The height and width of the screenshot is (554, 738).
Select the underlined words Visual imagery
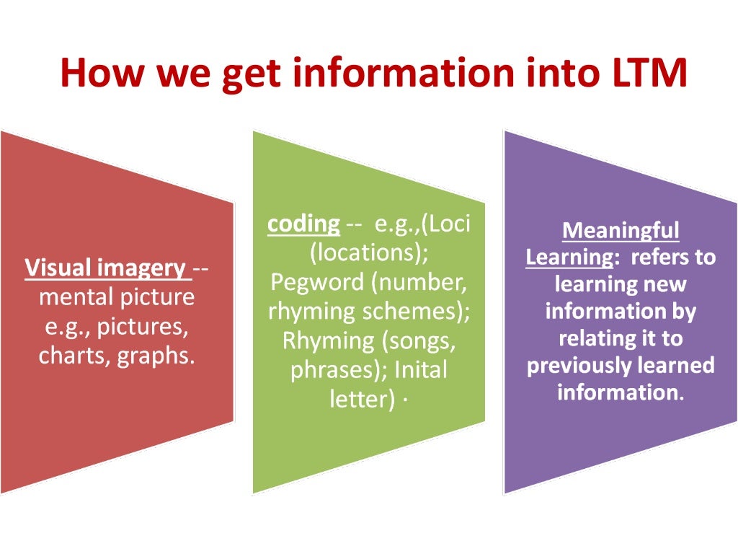[x=105, y=268]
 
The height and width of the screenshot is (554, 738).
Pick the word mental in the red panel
[x=74, y=297]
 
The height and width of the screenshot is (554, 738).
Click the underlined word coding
[x=303, y=224]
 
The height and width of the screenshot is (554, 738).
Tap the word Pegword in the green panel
[x=317, y=282]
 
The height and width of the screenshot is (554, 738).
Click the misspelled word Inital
[x=420, y=370]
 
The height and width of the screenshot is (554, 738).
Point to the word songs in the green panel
[x=424, y=340]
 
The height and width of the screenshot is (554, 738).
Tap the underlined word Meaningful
[x=621, y=230]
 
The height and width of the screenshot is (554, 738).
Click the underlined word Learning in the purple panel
[x=563, y=257]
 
